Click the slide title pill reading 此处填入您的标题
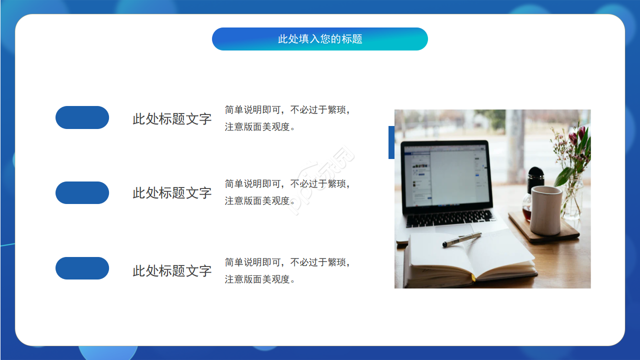[320, 39]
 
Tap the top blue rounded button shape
[82, 117]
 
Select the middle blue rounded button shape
[82, 192]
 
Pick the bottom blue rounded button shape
[82, 268]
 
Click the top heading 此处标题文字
[172, 119]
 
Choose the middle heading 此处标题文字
[172, 193]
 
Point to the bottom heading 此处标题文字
[172, 271]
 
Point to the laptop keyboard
[450, 217]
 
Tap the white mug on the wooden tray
[545, 210]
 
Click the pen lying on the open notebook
[461, 239]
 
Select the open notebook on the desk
[470, 257]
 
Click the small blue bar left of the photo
[391, 142]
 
